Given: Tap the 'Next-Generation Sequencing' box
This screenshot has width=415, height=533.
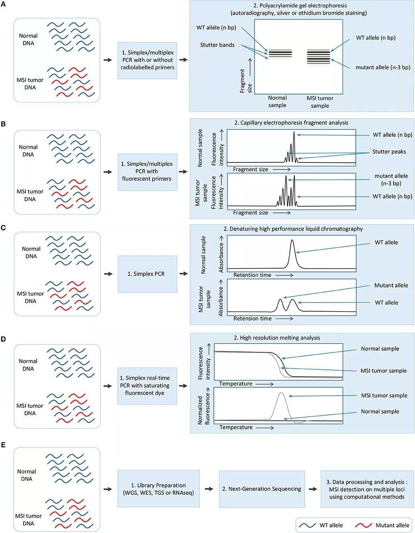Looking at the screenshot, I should click(262, 489).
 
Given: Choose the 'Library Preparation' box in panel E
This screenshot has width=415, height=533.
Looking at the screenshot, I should click(158, 489).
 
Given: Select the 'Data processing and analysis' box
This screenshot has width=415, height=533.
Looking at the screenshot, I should click(366, 489).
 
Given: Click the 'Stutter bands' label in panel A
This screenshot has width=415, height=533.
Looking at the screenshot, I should click(217, 45).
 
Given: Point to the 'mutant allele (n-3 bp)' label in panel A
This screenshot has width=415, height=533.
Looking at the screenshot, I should click(383, 67).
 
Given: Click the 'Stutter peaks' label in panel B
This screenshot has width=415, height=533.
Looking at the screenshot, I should click(389, 151).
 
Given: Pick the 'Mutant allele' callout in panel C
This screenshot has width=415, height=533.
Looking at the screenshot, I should click(391, 285).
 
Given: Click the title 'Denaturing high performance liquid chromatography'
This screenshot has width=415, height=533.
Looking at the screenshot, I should click(293, 229).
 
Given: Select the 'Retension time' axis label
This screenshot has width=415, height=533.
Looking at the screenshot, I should click(253, 318).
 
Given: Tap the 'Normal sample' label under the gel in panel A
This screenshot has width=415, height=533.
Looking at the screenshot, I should click(277, 102).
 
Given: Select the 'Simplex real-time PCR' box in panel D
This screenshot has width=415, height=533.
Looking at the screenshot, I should click(147, 385).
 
